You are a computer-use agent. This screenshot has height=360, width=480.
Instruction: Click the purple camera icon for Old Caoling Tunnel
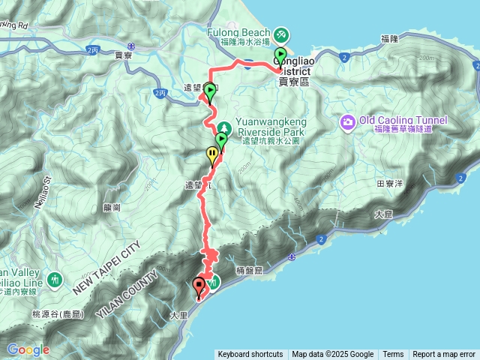point(347,121)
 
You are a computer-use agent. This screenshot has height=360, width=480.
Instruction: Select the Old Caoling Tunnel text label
point(403,121)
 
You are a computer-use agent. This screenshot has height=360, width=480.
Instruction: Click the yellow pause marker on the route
point(213,155)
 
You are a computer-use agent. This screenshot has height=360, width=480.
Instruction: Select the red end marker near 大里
point(199,286)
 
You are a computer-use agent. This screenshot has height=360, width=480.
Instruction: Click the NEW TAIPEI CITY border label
point(108,267)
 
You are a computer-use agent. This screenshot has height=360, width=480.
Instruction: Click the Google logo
point(28,349)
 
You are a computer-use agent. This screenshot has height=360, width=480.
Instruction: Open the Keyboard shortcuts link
point(250,355)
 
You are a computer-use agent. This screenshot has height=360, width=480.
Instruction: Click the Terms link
point(393,355)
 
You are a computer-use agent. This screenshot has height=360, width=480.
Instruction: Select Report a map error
point(444,355)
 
